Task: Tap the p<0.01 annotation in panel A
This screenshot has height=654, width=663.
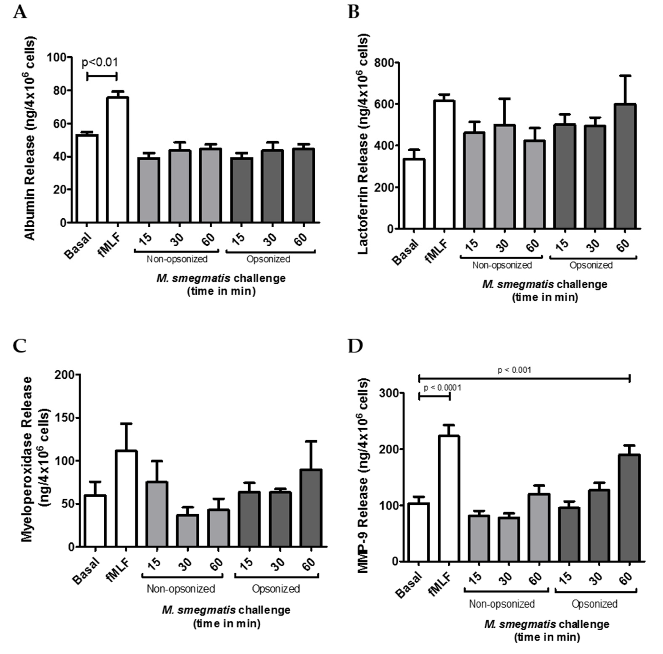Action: (100, 63)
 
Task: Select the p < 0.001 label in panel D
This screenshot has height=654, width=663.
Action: (514, 370)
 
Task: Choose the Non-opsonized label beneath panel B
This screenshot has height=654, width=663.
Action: (502, 265)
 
